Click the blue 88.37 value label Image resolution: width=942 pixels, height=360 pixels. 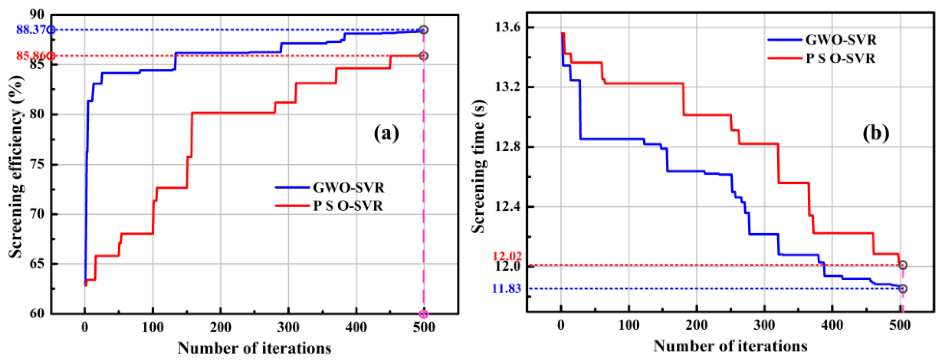click(x=31, y=30)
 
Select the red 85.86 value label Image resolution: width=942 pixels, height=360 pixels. click(x=31, y=56)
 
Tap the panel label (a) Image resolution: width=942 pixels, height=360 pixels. click(x=386, y=133)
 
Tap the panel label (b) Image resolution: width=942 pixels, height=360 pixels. click(x=876, y=133)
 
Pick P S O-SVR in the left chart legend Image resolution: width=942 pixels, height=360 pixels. click(x=347, y=206)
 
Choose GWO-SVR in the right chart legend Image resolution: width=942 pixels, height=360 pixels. click(x=841, y=39)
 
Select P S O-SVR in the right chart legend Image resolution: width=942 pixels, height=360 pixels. click(x=840, y=59)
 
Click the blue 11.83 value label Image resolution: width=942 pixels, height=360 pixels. click(x=507, y=289)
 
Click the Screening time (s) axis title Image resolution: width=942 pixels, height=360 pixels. click(x=478, y=167)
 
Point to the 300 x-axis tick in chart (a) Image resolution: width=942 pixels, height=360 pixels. click(x=288, y=326)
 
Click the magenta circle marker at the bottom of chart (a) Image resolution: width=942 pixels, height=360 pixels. click(x=424, y=314)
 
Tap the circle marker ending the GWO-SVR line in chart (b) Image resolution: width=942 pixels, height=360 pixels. click(x=903, y=289)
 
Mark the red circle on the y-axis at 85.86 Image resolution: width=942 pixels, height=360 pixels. click(x=51, y=56)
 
